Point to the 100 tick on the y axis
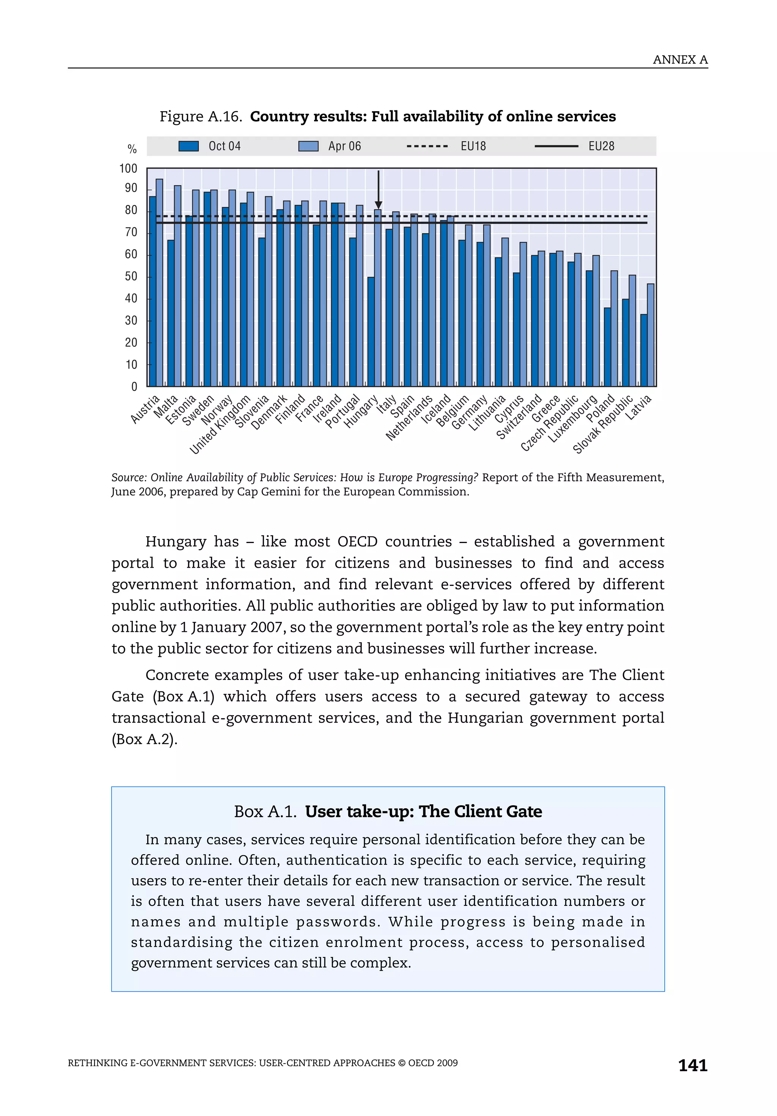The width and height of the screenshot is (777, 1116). (x=128, y=168)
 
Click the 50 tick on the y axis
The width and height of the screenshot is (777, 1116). (x=131, y=277)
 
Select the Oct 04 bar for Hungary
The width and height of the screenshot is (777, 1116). (x=371, y=332)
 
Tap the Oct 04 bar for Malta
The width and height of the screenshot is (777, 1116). (x=171, y=313)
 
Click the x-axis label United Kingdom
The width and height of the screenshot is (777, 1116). (x=220, y=425)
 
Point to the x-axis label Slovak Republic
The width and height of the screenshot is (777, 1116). (x=603, y=425)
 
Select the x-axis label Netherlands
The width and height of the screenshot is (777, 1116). (x=409, y=418)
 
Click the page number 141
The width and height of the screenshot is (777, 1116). (x=692, y=1066)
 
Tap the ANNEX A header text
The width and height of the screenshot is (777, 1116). (x=680, y=60)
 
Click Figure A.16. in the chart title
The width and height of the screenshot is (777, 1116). (x=201, y=116)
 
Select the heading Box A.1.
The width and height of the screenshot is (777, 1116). (x=265, y=812)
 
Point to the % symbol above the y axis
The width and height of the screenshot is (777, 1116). (x=132, y=149)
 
